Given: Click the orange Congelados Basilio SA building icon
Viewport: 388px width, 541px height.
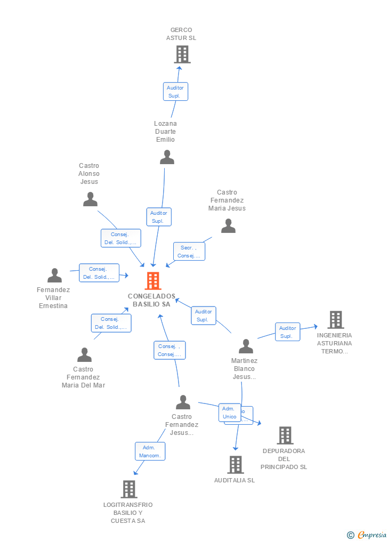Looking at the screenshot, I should click(x=153, y=281).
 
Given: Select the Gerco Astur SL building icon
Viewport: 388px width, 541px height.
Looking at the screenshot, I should click(x=182, y=54).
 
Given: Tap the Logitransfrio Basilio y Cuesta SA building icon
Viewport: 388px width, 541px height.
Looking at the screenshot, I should click(x=129, y=489).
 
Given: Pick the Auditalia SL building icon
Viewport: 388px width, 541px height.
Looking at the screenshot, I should click(x=236, y=465).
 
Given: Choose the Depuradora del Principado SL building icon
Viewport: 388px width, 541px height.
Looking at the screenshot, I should click(x=285, y=435).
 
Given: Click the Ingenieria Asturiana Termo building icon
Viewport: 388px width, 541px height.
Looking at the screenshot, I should click(x=335, y=320).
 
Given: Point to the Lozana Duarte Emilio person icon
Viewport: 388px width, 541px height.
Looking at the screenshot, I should click(x=167, y=157).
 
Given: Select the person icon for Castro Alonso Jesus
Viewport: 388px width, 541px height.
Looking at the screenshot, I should click(x=91, y=199).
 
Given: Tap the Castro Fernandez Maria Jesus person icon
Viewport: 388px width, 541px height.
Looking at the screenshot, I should click(x=228, y=226).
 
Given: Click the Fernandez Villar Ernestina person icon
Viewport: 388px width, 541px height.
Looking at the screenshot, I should click(x=54, y=276).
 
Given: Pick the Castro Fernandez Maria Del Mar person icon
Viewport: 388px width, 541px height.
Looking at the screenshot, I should click(x=84, y=355).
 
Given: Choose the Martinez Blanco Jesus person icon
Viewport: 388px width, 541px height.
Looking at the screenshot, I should click(x=246, y=346).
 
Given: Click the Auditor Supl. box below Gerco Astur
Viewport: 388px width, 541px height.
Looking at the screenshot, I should click(x=175, y=92).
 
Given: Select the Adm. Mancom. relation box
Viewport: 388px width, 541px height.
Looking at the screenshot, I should click(x=150, y=451).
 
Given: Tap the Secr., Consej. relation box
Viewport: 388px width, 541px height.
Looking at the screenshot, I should click(x=189, y=252).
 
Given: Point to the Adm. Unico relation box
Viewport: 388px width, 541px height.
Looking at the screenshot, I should click(x=229, y=413).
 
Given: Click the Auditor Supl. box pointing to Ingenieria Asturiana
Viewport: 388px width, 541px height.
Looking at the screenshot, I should click(x=287, y=332).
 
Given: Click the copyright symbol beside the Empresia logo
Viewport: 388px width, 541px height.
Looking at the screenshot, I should click(x=350, y=535).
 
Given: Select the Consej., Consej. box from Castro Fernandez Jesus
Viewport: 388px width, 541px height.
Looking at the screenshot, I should click(x=169, y=350).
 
